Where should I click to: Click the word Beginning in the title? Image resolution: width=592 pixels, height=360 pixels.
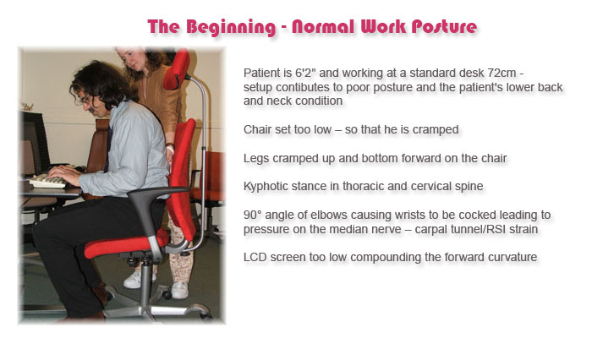click(231, 27)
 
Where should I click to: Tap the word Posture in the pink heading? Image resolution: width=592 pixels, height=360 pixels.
click(444, 27)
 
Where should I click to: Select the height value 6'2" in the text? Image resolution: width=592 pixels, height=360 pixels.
click(306, 73)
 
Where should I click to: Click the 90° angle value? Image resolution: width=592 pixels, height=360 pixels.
click(253, 215)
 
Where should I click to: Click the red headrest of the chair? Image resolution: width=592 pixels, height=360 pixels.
click(177, 69)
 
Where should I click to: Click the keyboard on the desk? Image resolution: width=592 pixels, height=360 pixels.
click(48, 182)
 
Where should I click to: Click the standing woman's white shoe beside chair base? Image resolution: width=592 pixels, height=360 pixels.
click(179, 290)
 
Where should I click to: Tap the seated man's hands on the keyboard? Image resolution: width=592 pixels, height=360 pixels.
click(65, 174)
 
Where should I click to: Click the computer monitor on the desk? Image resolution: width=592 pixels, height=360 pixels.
click(35, 144)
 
